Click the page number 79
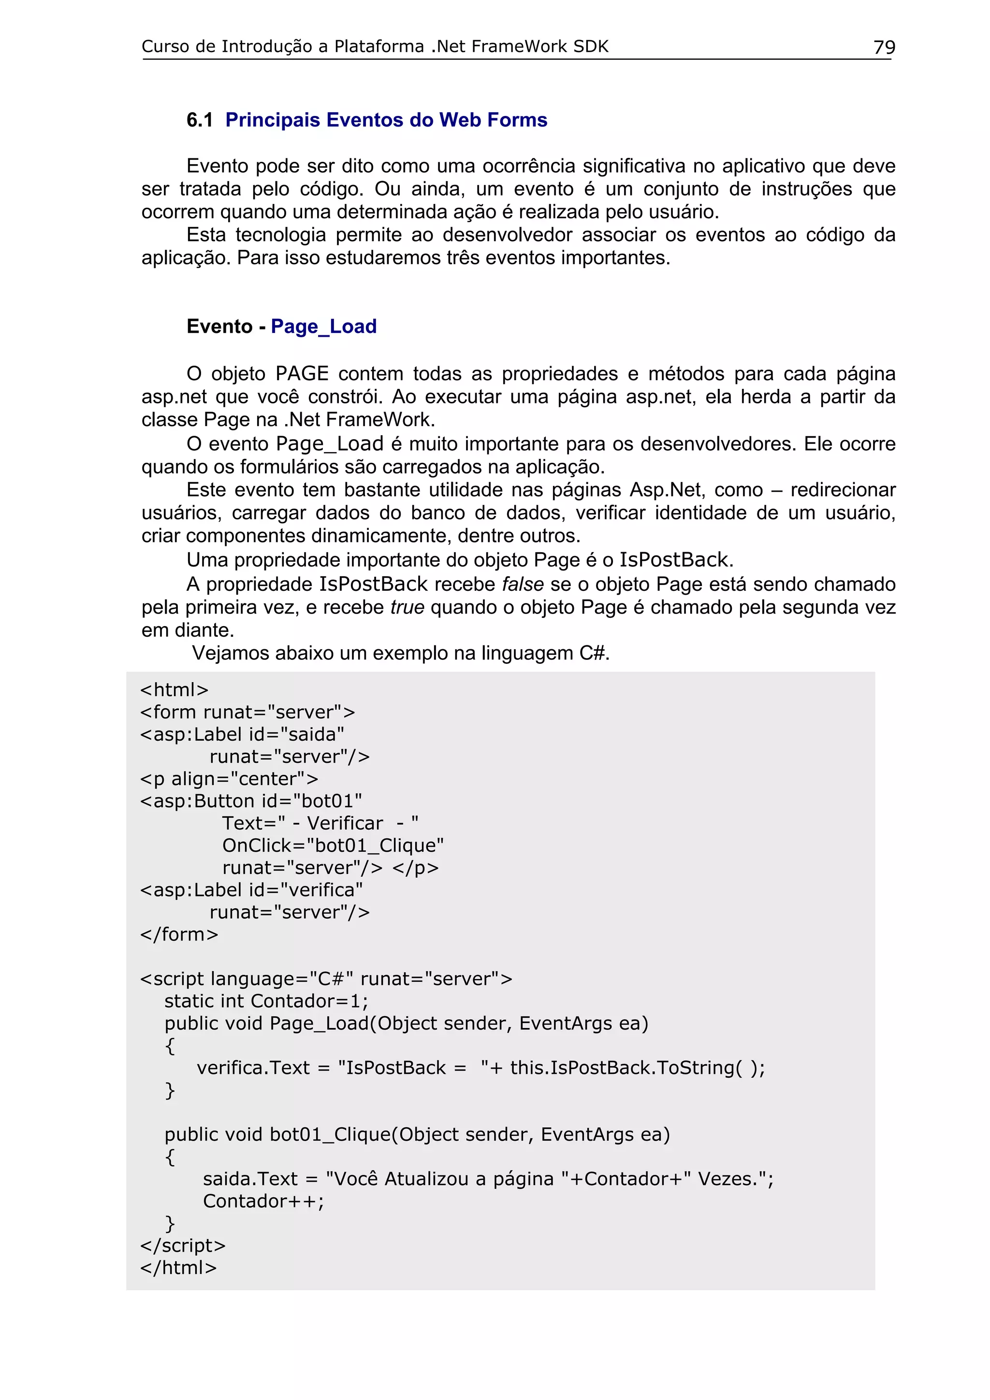884,47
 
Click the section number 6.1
200,120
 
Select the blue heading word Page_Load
323,327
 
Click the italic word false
523,584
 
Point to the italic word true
408,607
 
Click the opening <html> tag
175,690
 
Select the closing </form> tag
179,934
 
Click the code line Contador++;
263,1201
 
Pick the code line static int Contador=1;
266,1001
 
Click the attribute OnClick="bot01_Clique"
333,846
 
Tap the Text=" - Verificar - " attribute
320,823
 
